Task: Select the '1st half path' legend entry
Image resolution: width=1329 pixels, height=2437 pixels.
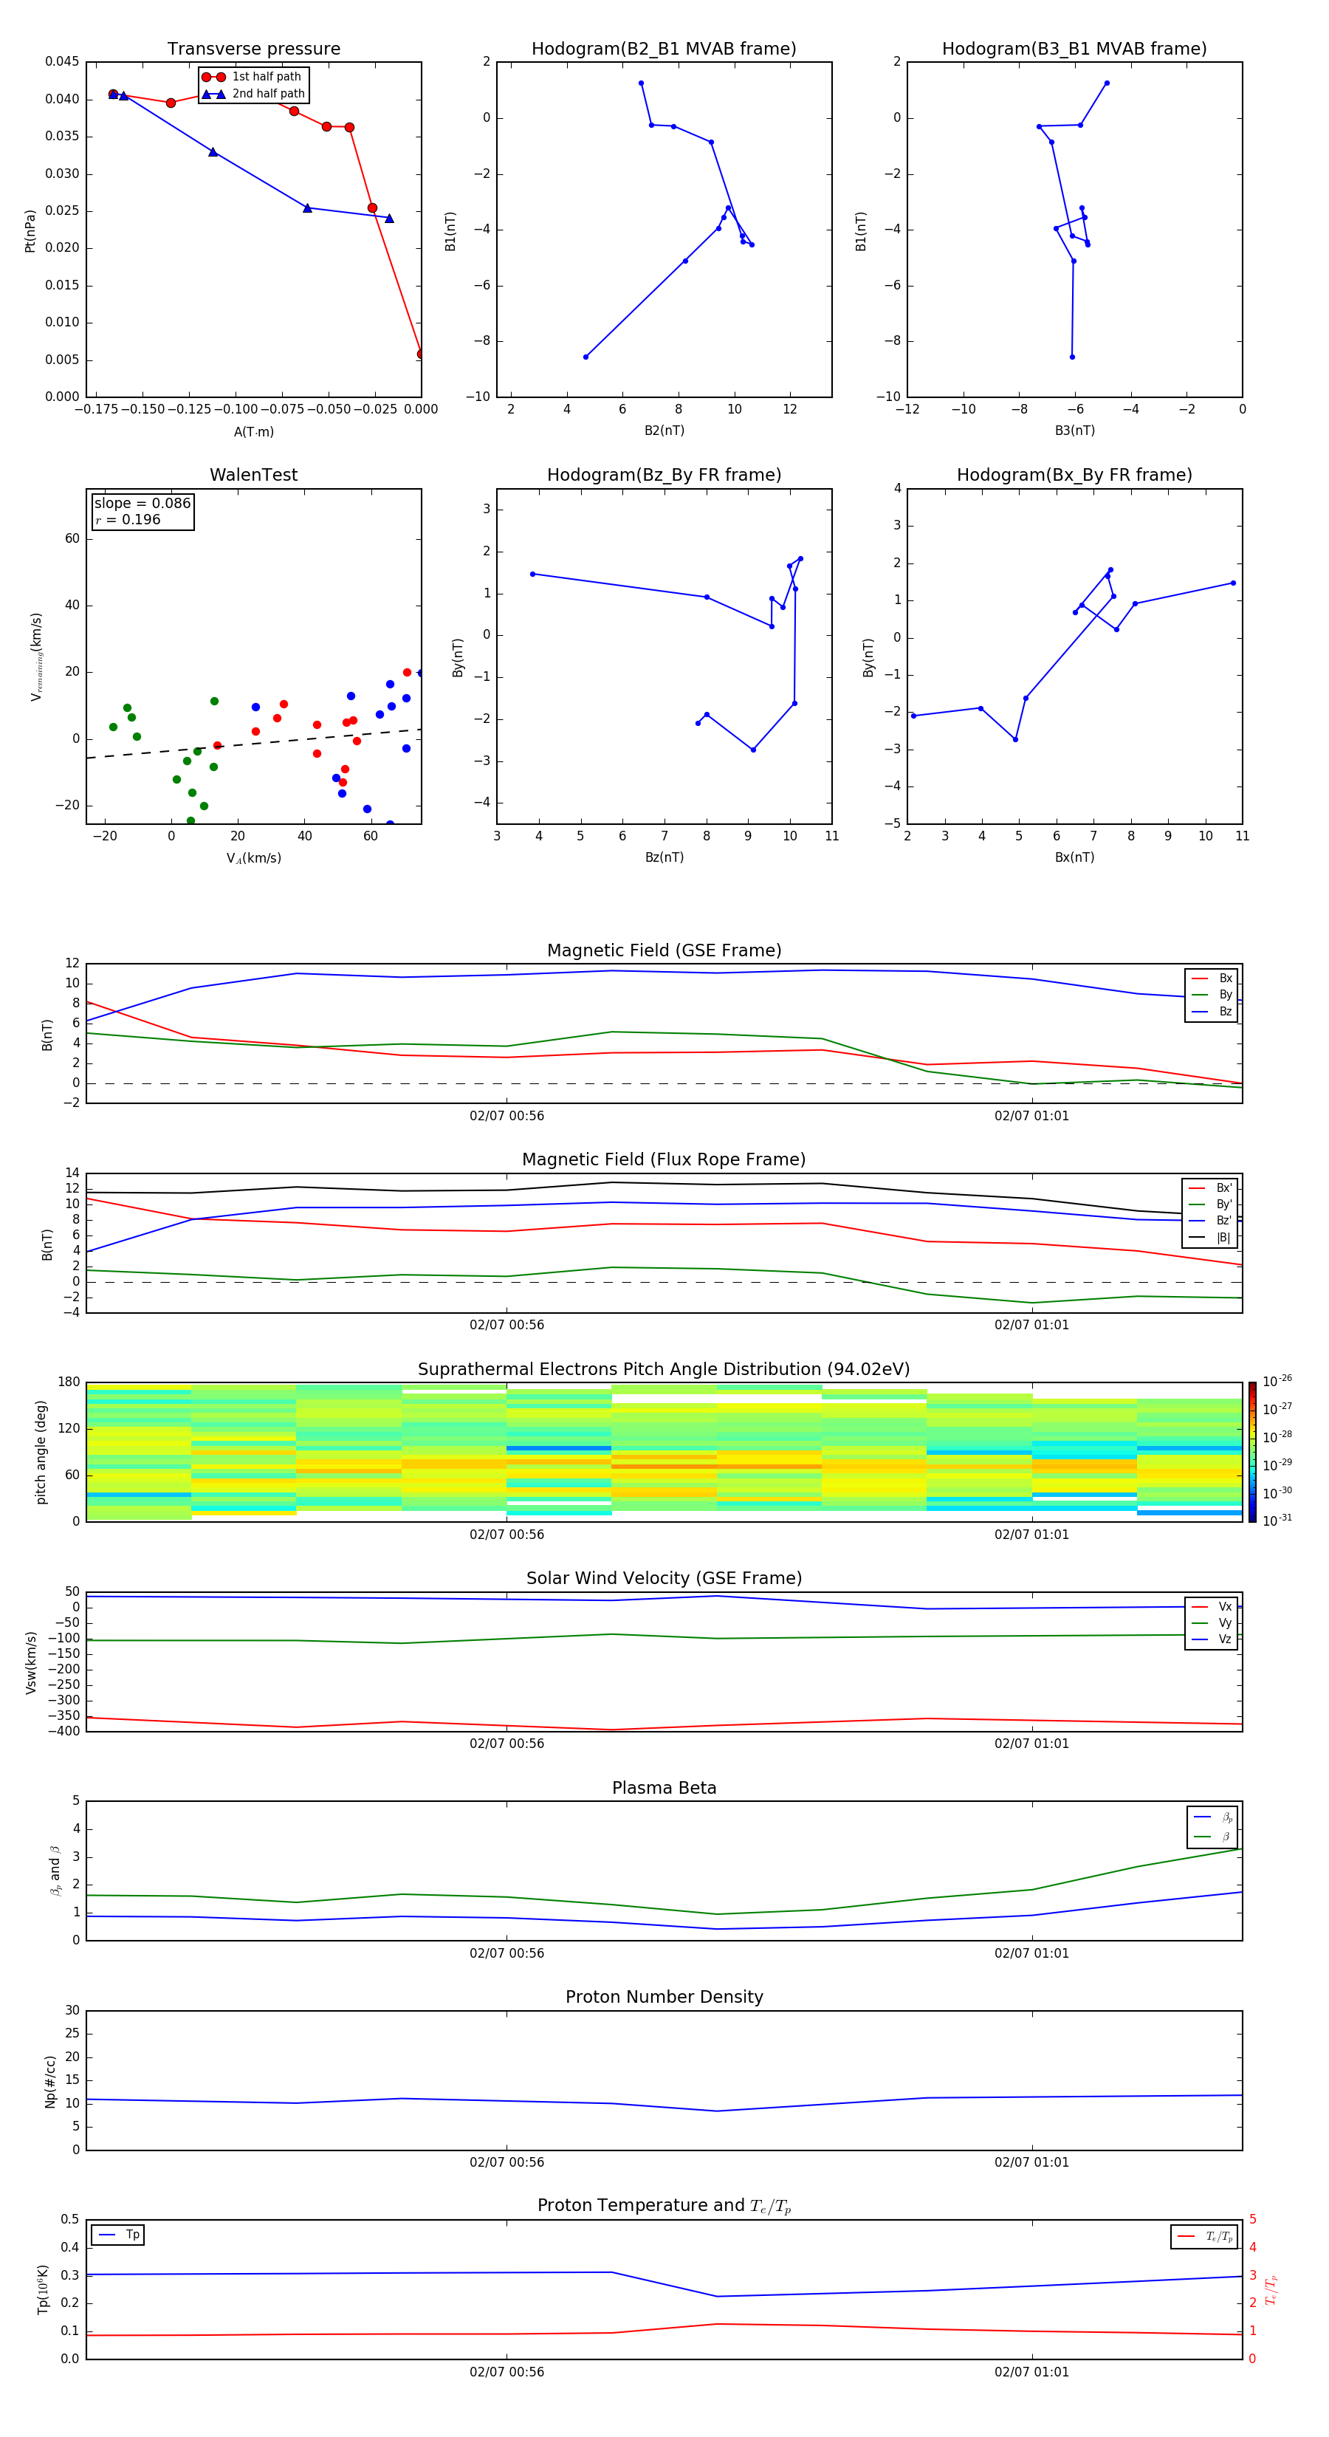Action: (266, 77)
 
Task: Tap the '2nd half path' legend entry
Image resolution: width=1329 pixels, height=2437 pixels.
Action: (268, 94)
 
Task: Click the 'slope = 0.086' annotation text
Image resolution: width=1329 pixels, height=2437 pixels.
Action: (142, 504)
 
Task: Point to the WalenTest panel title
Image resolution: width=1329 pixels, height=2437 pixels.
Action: (253, 475)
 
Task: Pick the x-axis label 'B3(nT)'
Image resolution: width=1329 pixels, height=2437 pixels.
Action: (1074, 431)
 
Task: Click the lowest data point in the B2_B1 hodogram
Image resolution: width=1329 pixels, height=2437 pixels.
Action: (585, 357)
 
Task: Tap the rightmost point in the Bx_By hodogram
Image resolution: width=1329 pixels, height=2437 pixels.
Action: (1232, 583)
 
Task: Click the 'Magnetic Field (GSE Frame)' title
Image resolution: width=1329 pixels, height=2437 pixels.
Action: (663, 950)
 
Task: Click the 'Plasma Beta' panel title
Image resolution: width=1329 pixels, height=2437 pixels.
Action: (663, 1788)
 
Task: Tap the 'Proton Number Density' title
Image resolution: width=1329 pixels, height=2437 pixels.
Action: (663, 1997)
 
